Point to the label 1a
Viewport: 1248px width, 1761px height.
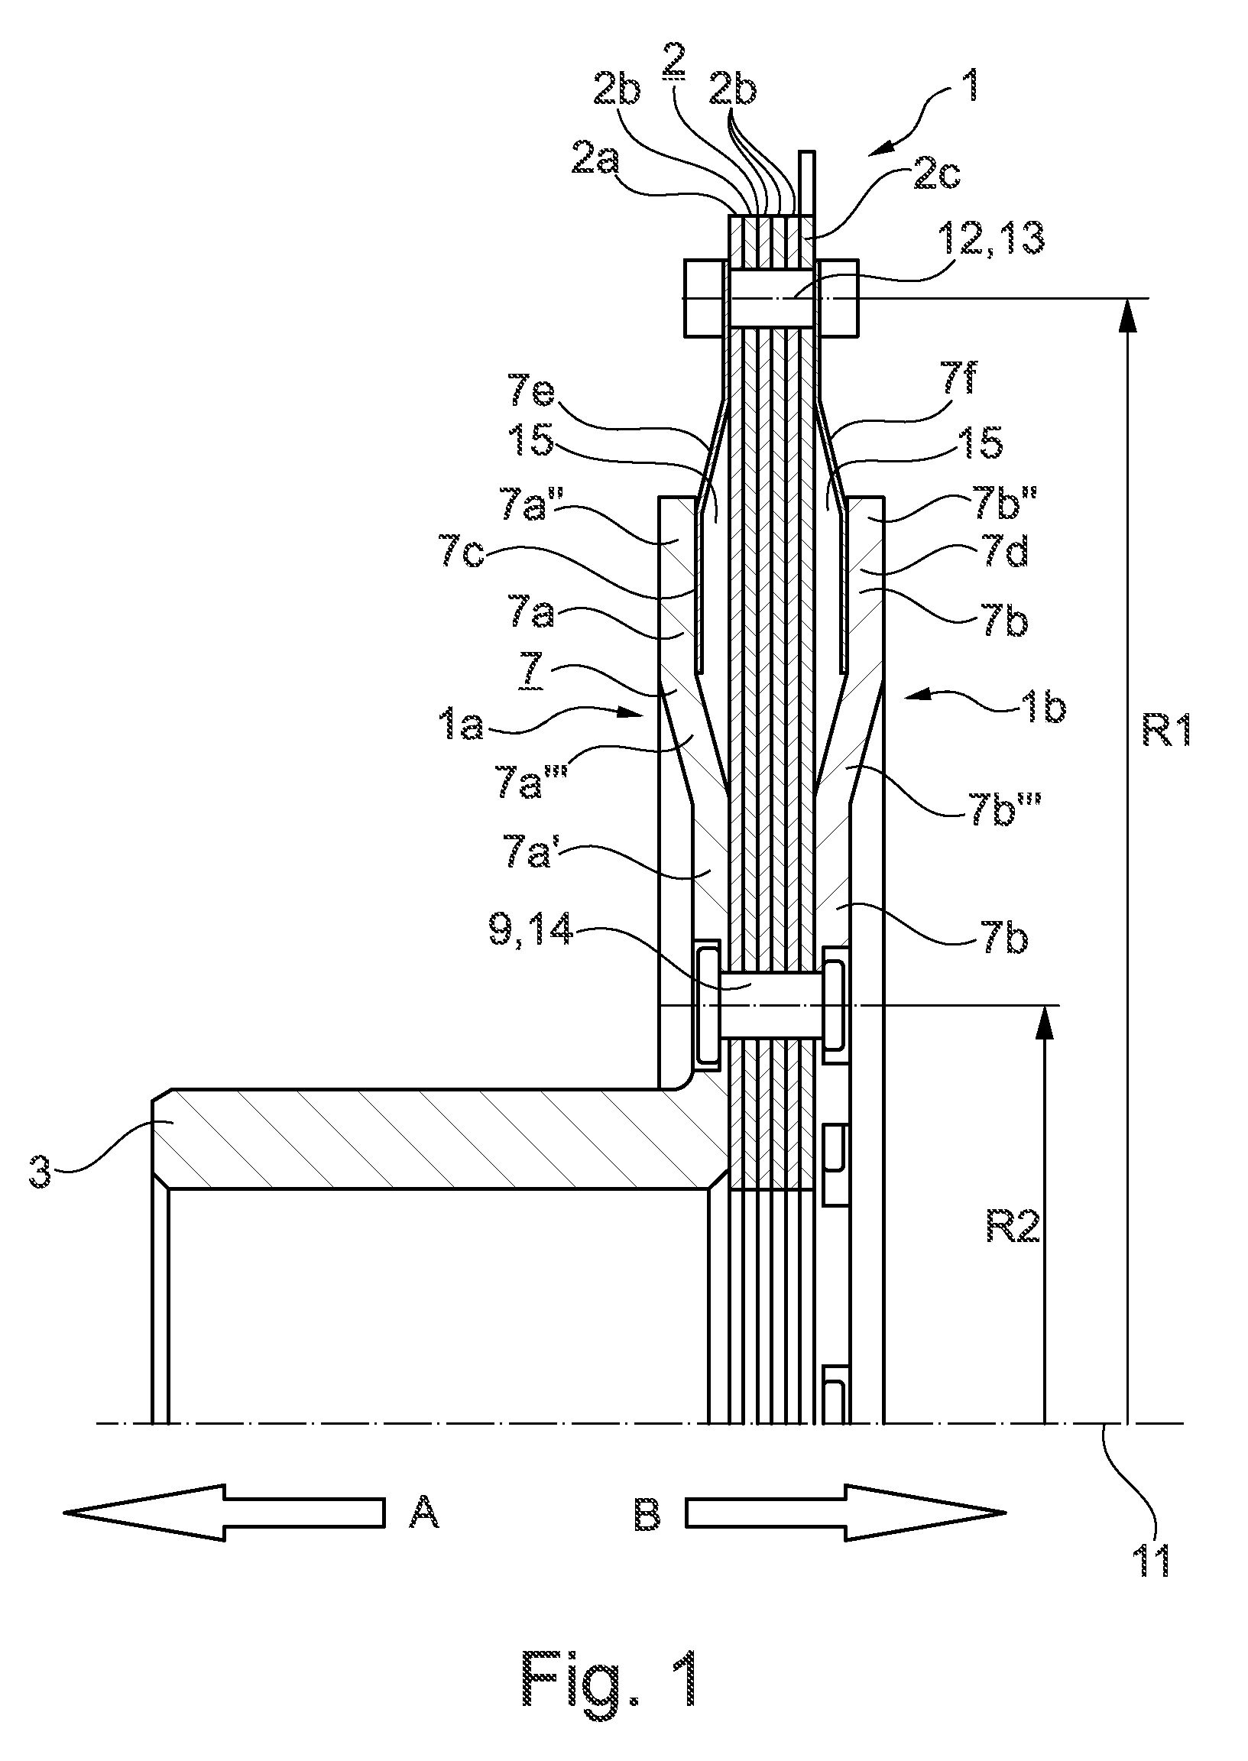click(464, 725)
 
